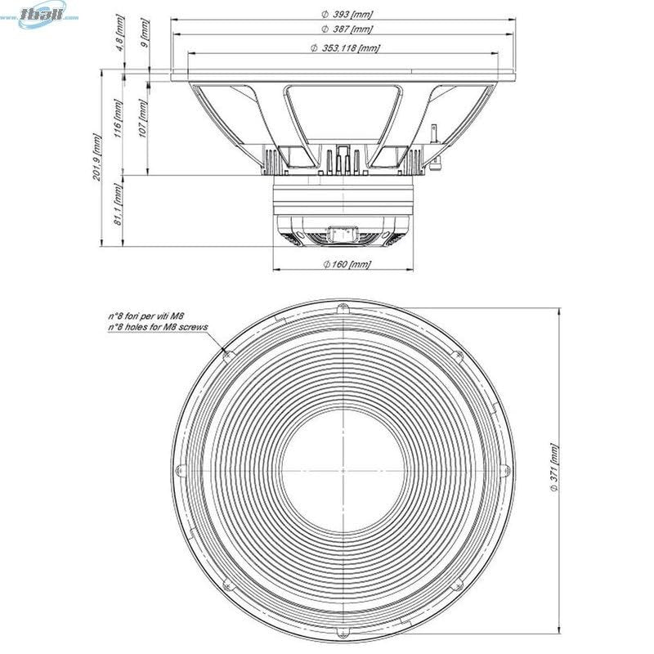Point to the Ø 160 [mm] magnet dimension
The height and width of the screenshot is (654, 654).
347,264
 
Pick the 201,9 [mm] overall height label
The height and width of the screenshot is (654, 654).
97,158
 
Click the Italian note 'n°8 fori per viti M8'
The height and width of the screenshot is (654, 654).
146,316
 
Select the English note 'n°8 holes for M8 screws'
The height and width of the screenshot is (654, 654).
157,326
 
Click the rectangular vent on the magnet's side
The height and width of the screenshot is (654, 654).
341,235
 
